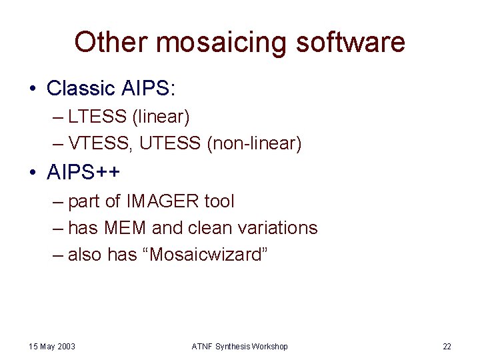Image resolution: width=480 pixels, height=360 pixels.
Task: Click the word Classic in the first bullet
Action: point(80,88)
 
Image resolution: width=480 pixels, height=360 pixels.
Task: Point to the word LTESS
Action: point(97,117)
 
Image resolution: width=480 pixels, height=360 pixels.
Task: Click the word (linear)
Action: point(161,117)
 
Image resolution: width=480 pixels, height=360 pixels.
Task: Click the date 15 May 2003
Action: point(52,347)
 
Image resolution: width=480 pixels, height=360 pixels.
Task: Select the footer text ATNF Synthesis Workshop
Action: point(239,347)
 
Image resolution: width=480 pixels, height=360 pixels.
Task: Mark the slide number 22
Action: point(447,347)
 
